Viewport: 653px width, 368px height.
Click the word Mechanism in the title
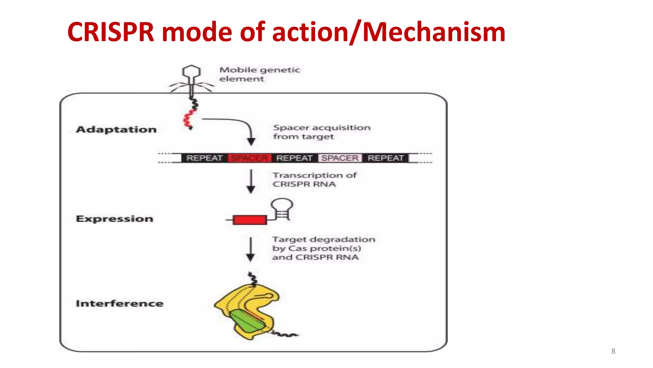pyautogui.click(x=434, y=32)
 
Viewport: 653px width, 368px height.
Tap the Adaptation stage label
pyautogui.click(x=116, y=129)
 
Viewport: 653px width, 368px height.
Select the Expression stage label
pyautogui.click(x=114, y=218)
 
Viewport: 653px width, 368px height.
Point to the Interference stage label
pyautogui.click(x=120, y=303)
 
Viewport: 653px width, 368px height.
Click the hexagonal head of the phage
pyautogui.click(x=191, y=72)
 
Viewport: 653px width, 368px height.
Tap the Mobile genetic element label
pyautogui.click(x=259, y=74)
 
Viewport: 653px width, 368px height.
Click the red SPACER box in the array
pyautogui.click(x=249, y=158)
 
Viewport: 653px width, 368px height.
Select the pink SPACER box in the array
pyautogui.click(x=340, y=158)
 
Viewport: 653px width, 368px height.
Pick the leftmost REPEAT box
pyautogui.click(x=204, y=158)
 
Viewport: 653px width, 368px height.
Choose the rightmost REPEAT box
pyautogui.click(x=385, y=158)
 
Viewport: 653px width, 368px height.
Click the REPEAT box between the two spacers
pyautogui.click(x=294, y=158)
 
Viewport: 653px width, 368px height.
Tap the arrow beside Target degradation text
pyautogui.click(x=251, y=249)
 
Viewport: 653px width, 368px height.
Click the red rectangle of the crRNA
pyautogui.click(x=250, y=220)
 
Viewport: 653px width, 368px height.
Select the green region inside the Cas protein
pyautogui.click(x=247, y=321)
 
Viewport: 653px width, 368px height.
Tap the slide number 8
pyautogui.click(x=613, y=351)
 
